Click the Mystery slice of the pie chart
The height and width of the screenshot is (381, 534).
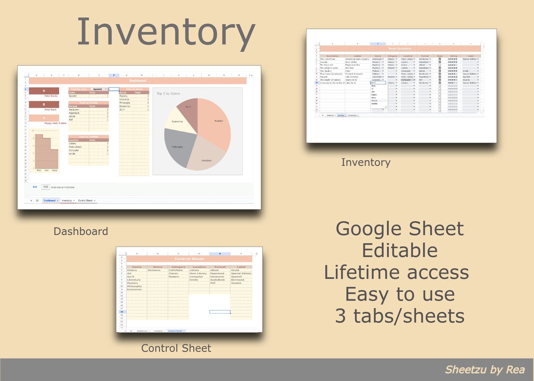coord(215,124)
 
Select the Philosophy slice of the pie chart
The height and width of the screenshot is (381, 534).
coord(178,148)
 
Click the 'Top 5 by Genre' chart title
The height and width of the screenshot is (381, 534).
coord(168,94)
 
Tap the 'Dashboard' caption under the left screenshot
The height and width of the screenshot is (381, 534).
coord(81,231)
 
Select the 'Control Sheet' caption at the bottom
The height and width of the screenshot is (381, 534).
coord(176,348)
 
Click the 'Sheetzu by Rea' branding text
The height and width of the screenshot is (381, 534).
coord(485,370)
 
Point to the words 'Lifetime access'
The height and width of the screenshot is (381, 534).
coord(396,272)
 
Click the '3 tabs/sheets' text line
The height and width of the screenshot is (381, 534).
coord(399,316)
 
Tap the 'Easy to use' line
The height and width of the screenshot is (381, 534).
coord(399,294)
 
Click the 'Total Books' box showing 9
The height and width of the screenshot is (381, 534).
coord(44,91)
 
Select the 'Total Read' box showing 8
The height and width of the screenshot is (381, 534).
coord(44,104)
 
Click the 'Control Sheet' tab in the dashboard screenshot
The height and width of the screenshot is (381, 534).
coord(85,201)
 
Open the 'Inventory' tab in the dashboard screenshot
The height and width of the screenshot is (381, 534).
coord(67,201)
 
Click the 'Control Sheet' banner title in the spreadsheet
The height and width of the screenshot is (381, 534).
coord(189,259)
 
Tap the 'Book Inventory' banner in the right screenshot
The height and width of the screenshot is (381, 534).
coord(400,49)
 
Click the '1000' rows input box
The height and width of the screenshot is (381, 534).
coord(45,187)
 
